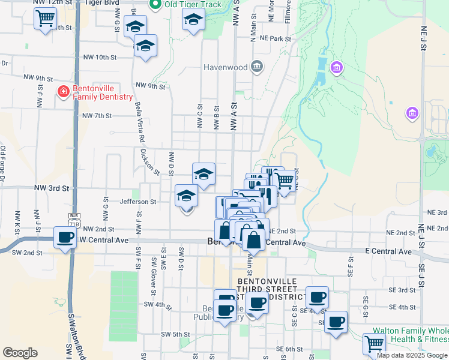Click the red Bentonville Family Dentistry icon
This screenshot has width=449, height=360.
[63, 92]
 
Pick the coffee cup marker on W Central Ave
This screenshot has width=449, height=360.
[65, 237]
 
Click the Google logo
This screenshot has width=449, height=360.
[20, 353]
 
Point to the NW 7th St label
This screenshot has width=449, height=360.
[97, 116]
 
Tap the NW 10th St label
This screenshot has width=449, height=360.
[100, 57]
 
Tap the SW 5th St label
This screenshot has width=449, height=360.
[175, 334]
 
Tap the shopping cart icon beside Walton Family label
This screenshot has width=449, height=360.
[374, 344]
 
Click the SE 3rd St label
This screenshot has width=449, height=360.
[402, 290]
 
